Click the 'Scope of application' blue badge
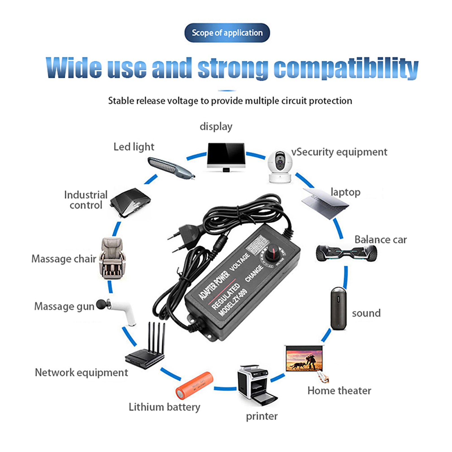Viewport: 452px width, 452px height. click(x=227, y=33)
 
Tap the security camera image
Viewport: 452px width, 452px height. click(x=279, y=167)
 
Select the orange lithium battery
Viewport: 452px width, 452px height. click(x=194, y=385)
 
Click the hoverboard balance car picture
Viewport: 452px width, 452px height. click(x=346, y=253)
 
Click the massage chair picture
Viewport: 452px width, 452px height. click(x=112, y=258)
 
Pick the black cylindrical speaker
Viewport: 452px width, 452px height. click(x=338, y=308)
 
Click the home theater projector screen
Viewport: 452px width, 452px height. click(x=305, y=359)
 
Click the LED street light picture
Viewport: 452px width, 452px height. click(x=170, y=168)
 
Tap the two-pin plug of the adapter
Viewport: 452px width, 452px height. click(x=184, y=237)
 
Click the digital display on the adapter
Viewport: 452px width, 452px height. click(x=257, y=244)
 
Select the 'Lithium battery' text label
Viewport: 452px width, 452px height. click(x=164, y=407)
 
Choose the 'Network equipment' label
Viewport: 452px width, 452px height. click(x=81, y=373)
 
